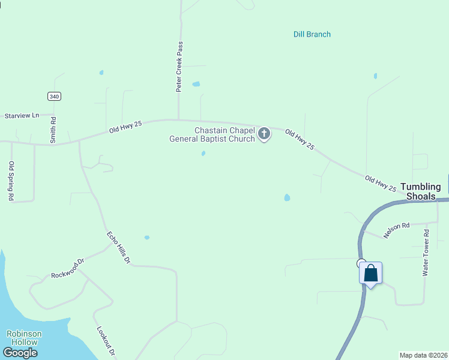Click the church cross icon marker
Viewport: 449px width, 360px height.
pos(264,134)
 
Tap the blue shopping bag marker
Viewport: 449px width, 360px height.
pos(371,274)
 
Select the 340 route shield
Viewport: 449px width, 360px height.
pos(55,96)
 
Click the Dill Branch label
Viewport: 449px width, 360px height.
pos(312,34)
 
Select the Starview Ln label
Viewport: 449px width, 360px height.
pos(22,115)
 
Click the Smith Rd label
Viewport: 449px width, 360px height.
pos(53,130)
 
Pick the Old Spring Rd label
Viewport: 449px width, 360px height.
pos(11,181)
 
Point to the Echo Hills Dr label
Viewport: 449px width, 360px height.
pos(118,248)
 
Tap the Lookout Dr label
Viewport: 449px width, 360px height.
pos(105,342)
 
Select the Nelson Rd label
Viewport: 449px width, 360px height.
pos(396,230)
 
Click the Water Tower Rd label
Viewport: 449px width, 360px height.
pos(426,253)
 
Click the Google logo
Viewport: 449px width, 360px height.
pos(20,353)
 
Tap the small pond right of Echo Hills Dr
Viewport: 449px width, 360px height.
pos(147,238)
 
